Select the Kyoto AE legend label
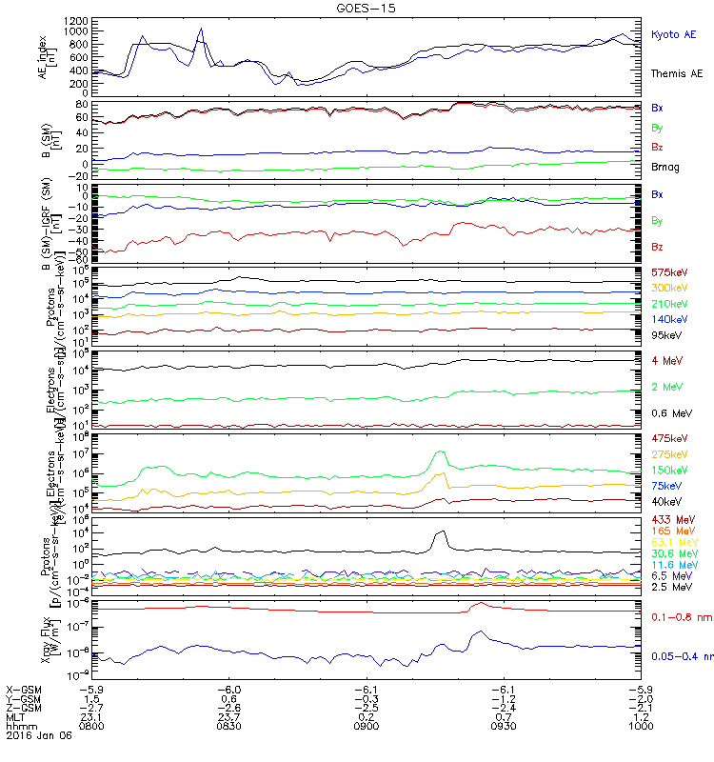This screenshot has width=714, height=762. coord(674,34)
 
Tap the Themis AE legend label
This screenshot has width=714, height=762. coord(677,73)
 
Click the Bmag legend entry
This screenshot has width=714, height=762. coord(664,166)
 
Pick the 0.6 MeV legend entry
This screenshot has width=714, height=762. coord(670,413)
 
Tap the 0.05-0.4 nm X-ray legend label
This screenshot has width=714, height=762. coord(680,656)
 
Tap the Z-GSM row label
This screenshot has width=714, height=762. coord(24,707)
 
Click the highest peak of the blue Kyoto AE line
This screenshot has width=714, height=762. coord(201,29)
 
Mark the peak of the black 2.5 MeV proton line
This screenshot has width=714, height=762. coord(441,531)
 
